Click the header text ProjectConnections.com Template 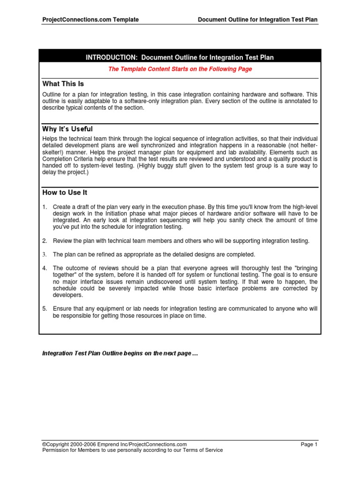[x=90, y=20]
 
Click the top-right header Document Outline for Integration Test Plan [x=258, y=20]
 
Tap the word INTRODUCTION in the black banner [x=111, y=58]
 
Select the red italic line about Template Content [x=180, y=69]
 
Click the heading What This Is [x=63, y=84]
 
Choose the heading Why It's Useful [x=67, y=129]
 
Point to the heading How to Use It [x=65, y=192]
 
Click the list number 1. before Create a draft [x=45, y=207]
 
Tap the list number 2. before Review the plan [x=45, y=241]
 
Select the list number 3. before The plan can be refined [x=45, y=255]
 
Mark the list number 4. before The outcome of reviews [x=45, y=268]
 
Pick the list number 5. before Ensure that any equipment [x=45, y=309]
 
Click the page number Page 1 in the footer [x=309, y=444]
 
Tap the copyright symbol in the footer [x=44, y=444]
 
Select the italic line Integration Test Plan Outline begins [x=120, y=353]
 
